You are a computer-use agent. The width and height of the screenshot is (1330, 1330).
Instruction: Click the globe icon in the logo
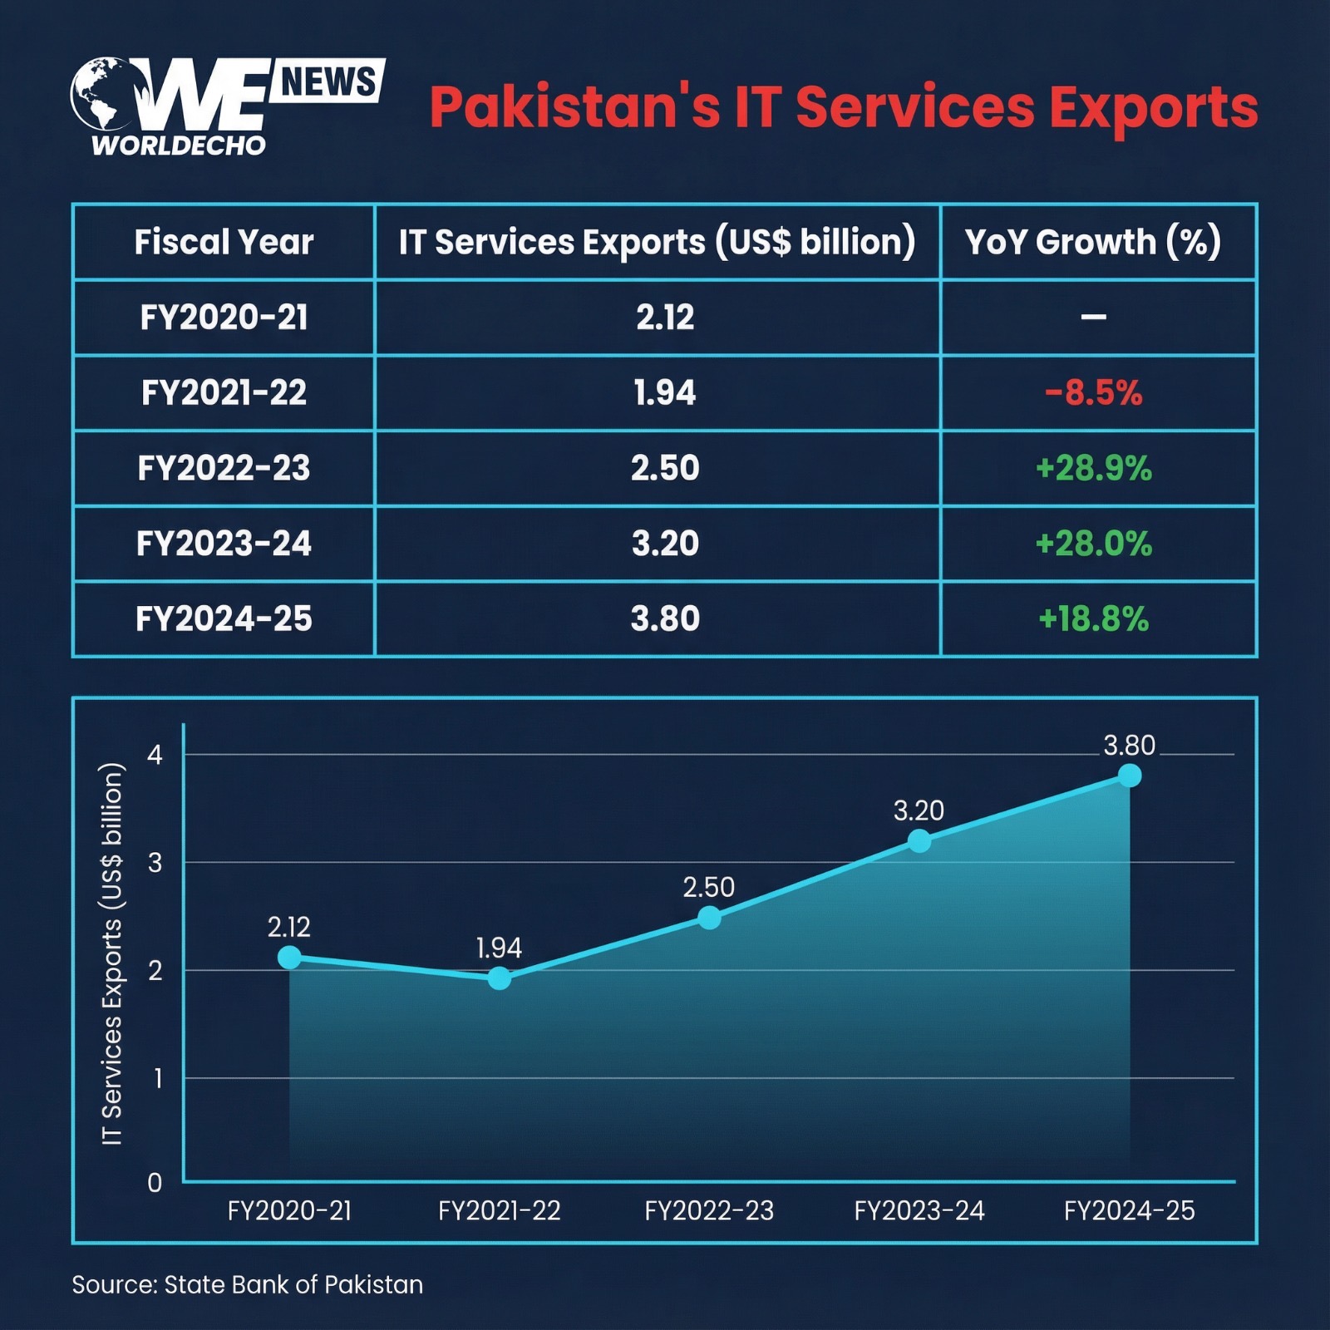[x=101, y=93]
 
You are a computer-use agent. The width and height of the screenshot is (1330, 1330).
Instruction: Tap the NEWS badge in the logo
[x=328, y=81]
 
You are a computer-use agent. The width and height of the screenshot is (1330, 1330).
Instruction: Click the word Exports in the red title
[x=1154, y=108]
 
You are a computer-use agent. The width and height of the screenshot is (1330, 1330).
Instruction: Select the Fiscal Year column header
[x=224, y=242]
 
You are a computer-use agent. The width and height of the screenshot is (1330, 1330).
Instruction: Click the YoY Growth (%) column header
[x=1093, y=242]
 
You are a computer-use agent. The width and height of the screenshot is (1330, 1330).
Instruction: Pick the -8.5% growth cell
[x=1093, y=392]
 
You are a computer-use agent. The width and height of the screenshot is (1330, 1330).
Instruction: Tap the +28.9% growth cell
[x=1093, y=468]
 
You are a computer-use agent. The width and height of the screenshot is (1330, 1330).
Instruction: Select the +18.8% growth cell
[x=1093, y=618]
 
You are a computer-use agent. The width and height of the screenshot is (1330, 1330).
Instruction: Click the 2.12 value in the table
[x=665, y=317]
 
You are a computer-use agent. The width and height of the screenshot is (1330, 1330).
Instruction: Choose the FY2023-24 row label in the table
[x=224, y=544]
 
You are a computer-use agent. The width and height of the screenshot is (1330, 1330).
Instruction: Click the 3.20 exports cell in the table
[x=665, y=544]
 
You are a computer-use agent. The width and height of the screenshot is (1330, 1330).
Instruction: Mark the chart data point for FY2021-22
[x=499, y=978]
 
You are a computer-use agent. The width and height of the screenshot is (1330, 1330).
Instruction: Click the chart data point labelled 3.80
[x=1129, y=776]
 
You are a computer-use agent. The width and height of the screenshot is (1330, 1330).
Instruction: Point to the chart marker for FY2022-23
[x=709, y=918]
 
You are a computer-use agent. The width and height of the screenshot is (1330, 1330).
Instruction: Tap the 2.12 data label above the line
[x=288, y=927]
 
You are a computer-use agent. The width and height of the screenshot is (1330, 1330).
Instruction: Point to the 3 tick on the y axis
[x=155, y=863]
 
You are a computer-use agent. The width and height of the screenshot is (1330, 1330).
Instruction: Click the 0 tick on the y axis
[x=155, y=1182]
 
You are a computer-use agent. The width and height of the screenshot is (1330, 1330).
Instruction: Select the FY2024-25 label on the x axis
[x=1129, y=1210]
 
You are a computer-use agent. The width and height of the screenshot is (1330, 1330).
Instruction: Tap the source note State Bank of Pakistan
[x=247, y=1284]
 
